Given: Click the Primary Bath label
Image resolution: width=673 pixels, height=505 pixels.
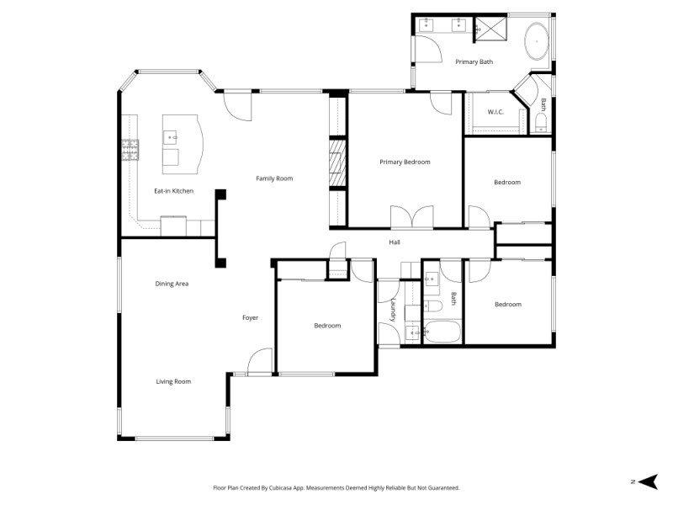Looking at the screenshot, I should [x=474, y=61].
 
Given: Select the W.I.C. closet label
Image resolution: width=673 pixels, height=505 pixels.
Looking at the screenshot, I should [x=495, y=112].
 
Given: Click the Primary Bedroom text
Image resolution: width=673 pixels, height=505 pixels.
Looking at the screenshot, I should [x=405, y=162].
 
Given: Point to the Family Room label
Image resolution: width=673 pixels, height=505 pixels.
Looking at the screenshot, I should [x=274, y=178].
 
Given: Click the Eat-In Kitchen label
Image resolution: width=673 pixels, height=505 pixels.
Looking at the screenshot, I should [x=173, y=191].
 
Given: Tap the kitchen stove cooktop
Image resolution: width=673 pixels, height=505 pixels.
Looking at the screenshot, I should [x=130, y=150].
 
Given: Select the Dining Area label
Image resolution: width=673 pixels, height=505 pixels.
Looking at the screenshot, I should [x=172, y=284].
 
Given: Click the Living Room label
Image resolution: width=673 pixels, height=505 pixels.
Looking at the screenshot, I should [x=173, y=381].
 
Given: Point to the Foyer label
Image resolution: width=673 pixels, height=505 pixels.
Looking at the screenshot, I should [x=250, y=317].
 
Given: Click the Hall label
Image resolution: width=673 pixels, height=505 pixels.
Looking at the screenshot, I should [x=395, y=242].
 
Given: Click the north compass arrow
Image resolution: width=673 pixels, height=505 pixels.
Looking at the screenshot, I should [x=646, y=481].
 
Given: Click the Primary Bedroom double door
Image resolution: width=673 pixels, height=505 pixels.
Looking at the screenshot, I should [x=412, y=218].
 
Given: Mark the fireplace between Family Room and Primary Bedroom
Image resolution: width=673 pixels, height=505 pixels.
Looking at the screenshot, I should [x=336, y=162].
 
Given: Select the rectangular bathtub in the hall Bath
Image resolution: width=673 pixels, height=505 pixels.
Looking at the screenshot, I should [x=441, y=332].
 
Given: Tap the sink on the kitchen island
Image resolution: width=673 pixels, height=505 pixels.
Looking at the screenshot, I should [x=171, y=136].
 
